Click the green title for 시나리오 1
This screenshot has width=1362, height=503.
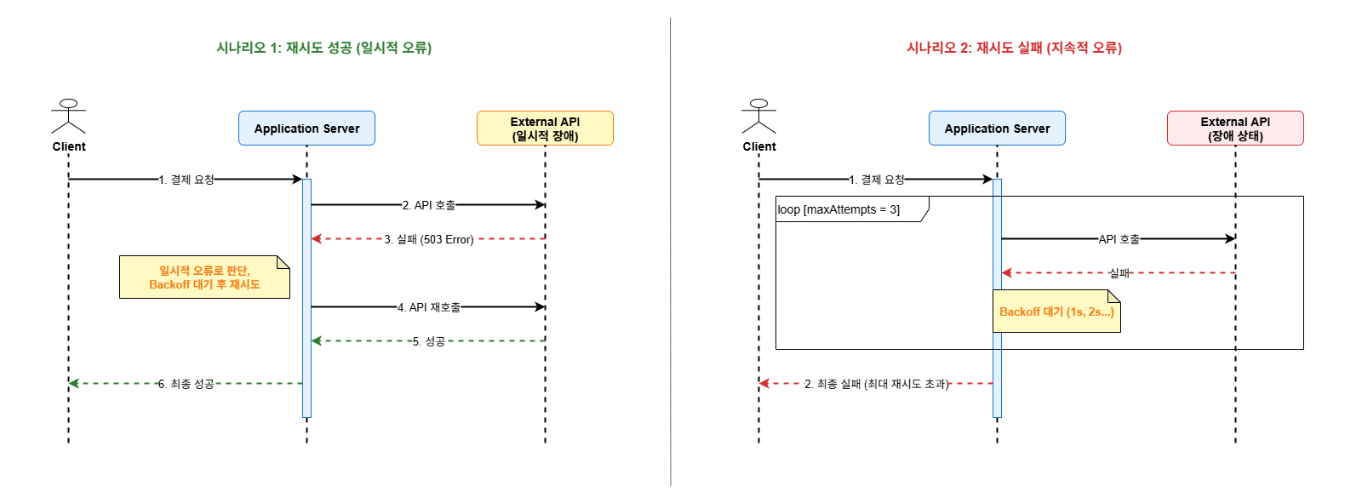323,48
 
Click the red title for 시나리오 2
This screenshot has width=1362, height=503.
1014,48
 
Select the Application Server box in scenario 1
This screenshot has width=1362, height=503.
306,129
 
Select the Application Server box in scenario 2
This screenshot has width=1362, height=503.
997,129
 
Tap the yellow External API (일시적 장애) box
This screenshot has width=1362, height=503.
545,129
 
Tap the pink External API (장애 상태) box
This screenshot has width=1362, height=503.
1235,129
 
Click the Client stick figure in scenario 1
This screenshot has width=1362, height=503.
69,117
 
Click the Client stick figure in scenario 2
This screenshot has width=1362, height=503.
759,117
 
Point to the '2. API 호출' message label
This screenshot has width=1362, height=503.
429,205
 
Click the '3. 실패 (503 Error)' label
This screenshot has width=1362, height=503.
429,239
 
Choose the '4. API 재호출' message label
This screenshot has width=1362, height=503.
429,307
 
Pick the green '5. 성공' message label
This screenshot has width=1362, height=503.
429,341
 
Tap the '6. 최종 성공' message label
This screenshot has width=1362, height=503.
186,384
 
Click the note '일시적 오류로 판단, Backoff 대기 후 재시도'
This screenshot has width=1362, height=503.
204,277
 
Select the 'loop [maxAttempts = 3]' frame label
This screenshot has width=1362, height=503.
839,209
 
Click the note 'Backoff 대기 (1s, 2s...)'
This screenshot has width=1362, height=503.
1056,312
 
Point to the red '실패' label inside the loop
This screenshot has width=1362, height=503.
1119,273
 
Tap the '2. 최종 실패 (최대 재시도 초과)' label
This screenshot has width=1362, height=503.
877,384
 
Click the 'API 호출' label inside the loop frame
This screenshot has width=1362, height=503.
1119,239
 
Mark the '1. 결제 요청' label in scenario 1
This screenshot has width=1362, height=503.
186,180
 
